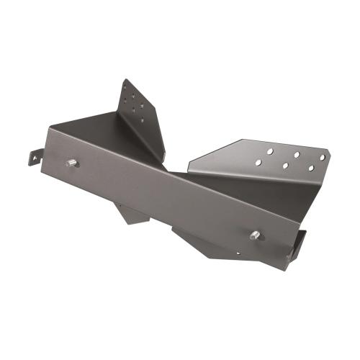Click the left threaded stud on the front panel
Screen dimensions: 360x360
[x=73, y=163]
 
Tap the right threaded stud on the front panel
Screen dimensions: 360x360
[x=255, y=235]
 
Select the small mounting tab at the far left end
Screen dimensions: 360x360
[x=34, y=155]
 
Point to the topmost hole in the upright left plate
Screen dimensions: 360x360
[x=127, y=86]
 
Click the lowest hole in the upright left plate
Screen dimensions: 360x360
[x=141, y=119]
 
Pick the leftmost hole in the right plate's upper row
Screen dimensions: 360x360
[x=269, y=152]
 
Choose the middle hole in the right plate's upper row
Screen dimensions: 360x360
[x=296, y=154]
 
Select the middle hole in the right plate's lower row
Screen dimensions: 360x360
[x=285, y=166]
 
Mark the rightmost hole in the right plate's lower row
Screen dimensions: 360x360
[x=311, y=168]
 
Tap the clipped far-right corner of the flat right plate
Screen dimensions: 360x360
[x=329, y=153]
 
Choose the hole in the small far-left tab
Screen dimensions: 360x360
[x=32, y=156]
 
